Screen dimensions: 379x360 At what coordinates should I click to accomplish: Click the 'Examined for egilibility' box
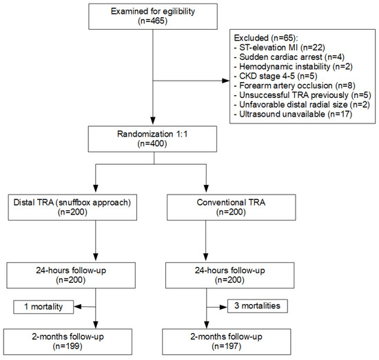click(153, 17)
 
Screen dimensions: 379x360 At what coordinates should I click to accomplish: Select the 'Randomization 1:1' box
click(152, 139)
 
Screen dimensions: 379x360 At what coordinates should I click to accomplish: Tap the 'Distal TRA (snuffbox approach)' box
click(72, 208)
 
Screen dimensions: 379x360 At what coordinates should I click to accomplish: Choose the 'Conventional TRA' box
click(231, 208)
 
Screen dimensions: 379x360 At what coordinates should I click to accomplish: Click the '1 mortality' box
click(43, 307)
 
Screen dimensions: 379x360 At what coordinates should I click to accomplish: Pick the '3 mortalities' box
click(258, 306)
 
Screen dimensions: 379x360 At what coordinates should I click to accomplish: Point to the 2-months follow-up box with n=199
click(68, 341)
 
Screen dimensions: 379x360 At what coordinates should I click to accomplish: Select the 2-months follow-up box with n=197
click(227, 341)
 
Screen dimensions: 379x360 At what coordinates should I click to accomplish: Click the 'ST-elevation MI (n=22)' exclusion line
click(280, 48)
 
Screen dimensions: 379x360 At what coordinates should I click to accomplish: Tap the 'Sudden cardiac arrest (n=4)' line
click(289, 57)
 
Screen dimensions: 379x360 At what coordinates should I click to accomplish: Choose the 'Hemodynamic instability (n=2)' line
click(294, 66)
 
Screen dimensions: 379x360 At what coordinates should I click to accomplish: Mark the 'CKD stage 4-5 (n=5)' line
click(276, 76)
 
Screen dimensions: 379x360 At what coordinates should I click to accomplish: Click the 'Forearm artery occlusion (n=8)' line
click(295, 86)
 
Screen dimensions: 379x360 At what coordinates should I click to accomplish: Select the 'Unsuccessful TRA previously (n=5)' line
click(303, 95)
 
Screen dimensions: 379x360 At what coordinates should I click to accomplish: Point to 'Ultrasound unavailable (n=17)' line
click(293, 114)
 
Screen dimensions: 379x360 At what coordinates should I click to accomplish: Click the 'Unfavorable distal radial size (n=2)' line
click(302, 105)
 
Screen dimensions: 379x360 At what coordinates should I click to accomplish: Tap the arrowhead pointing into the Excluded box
click(226, 81)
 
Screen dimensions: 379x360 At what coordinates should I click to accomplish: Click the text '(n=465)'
click(153, 21)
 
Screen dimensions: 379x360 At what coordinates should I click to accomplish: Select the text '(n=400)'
click(152, 143)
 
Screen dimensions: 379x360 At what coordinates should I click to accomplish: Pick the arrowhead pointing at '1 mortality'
click(78, 307)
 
